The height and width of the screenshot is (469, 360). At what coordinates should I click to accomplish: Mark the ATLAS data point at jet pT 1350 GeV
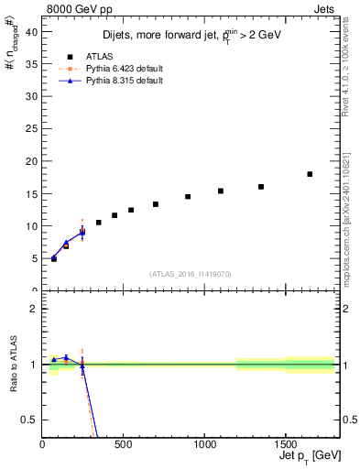click(261, 187)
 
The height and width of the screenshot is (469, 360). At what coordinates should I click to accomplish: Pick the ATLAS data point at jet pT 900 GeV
click(188, 197)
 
